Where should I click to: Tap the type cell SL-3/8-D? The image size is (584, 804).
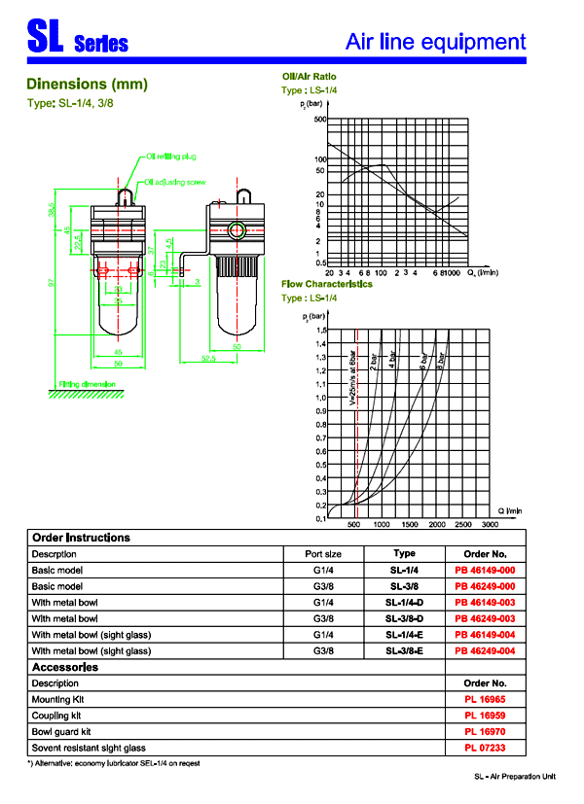click(x=404, y=618)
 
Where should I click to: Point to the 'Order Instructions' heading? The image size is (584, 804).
click(x=81, y=537)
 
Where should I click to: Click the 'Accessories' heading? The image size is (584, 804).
click(x=65, y=667)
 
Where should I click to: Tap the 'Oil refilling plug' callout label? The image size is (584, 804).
click(x=172, y=156)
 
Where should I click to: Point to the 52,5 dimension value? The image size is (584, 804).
click(x=209, y=358)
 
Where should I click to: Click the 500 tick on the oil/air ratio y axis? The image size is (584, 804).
click(x=319, y=120)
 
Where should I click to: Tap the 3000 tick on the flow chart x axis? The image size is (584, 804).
click(x=490, y=524)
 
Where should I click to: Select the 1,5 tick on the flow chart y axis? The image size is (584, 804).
click(x=320, y=331)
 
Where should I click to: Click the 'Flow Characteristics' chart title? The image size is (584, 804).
click(x=327, y=285)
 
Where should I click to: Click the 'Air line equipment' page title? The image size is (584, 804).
click(x=436, y=42)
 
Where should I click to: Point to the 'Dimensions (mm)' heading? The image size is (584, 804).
click(x=87, y=84)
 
